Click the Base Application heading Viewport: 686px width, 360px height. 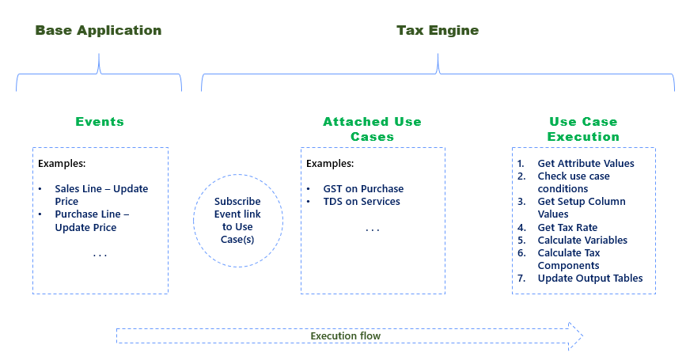[x=98, y=31]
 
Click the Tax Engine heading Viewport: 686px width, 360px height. [x=438, y=31]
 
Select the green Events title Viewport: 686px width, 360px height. [x=100, y=122]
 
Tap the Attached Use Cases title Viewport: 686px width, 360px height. [x=372, y=129]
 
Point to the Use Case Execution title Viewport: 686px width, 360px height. [x=583, y=129]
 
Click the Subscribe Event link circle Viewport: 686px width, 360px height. [x=237, y=220]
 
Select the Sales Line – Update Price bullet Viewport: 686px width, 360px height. [x=100, y=195]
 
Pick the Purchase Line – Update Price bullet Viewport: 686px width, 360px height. [x=91, y=221]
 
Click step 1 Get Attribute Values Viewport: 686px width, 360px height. [x=586, y=164]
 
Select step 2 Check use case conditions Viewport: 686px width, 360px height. [x=574, y=182]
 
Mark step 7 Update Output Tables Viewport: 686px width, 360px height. [x=589, y=278]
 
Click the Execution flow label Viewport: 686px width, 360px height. [x=345, y=336]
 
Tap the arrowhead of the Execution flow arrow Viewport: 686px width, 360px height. [x=575, y=335]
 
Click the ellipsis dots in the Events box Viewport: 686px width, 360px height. [x=100, y=255]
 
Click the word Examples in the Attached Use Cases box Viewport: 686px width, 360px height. [x=330, y=164]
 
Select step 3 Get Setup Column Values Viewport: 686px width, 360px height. [x=581, y=207]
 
